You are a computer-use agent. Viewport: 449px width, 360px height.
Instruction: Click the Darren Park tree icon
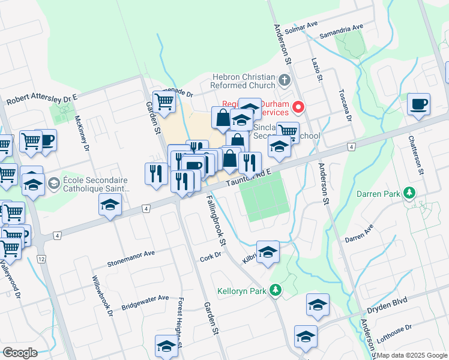[409, 193]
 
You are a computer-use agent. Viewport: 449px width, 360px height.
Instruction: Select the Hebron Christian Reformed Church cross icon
[285, 79]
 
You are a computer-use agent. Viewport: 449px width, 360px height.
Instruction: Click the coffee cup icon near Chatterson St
[418, 104]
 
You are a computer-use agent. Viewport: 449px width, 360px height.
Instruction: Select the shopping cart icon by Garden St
[163, 103]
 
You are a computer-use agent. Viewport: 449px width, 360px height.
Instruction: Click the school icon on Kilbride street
[268, 251]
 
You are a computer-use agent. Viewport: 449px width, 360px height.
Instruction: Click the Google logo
[20, 352]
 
